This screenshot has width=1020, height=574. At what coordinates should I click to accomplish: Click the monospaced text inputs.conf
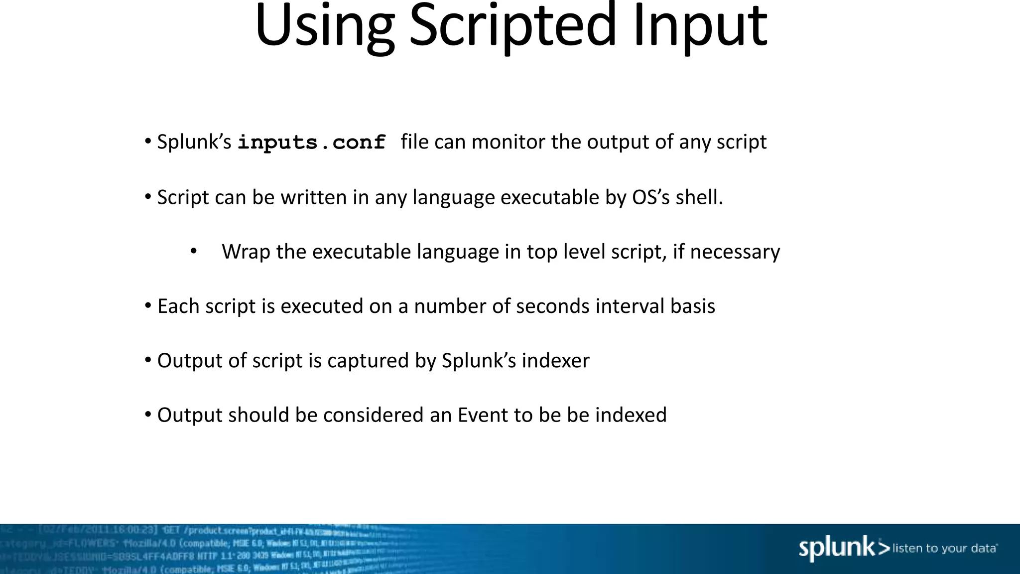[312, 143]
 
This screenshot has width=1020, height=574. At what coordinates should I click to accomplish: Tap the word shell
[699, 197]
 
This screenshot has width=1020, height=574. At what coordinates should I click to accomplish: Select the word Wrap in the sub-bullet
[246, 252]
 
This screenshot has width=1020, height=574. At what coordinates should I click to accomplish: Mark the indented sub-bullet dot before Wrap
[194, 251]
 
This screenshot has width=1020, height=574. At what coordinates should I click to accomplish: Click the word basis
[692, 306]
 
